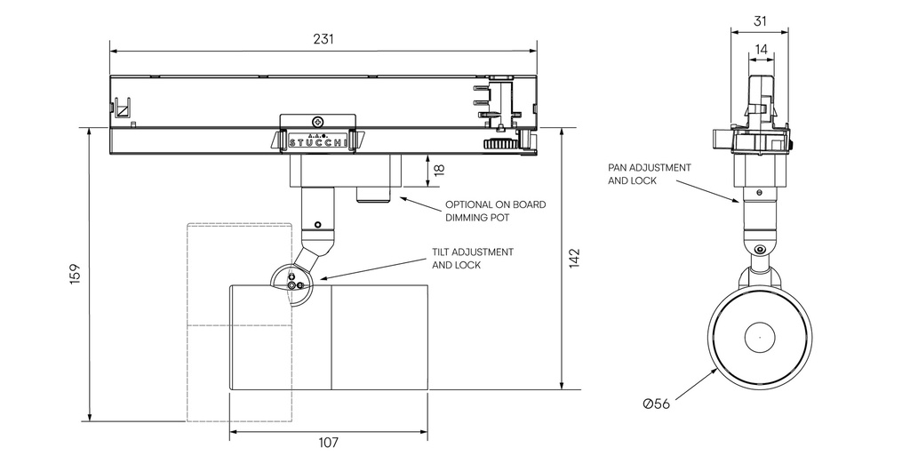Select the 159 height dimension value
point(75,273)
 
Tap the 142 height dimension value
point(574,258)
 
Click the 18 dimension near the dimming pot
point(438,169)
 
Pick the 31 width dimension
point(759,20)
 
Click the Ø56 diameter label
point(657,404)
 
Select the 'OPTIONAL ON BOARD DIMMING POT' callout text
point(495,211)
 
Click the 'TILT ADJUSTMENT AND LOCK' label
point(472,258)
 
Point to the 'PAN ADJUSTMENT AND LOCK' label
point(649,173)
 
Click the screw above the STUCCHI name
point(317,121)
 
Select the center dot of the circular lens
point(760,337)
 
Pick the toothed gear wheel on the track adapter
point(500,143)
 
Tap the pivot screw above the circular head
point(759,250)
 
